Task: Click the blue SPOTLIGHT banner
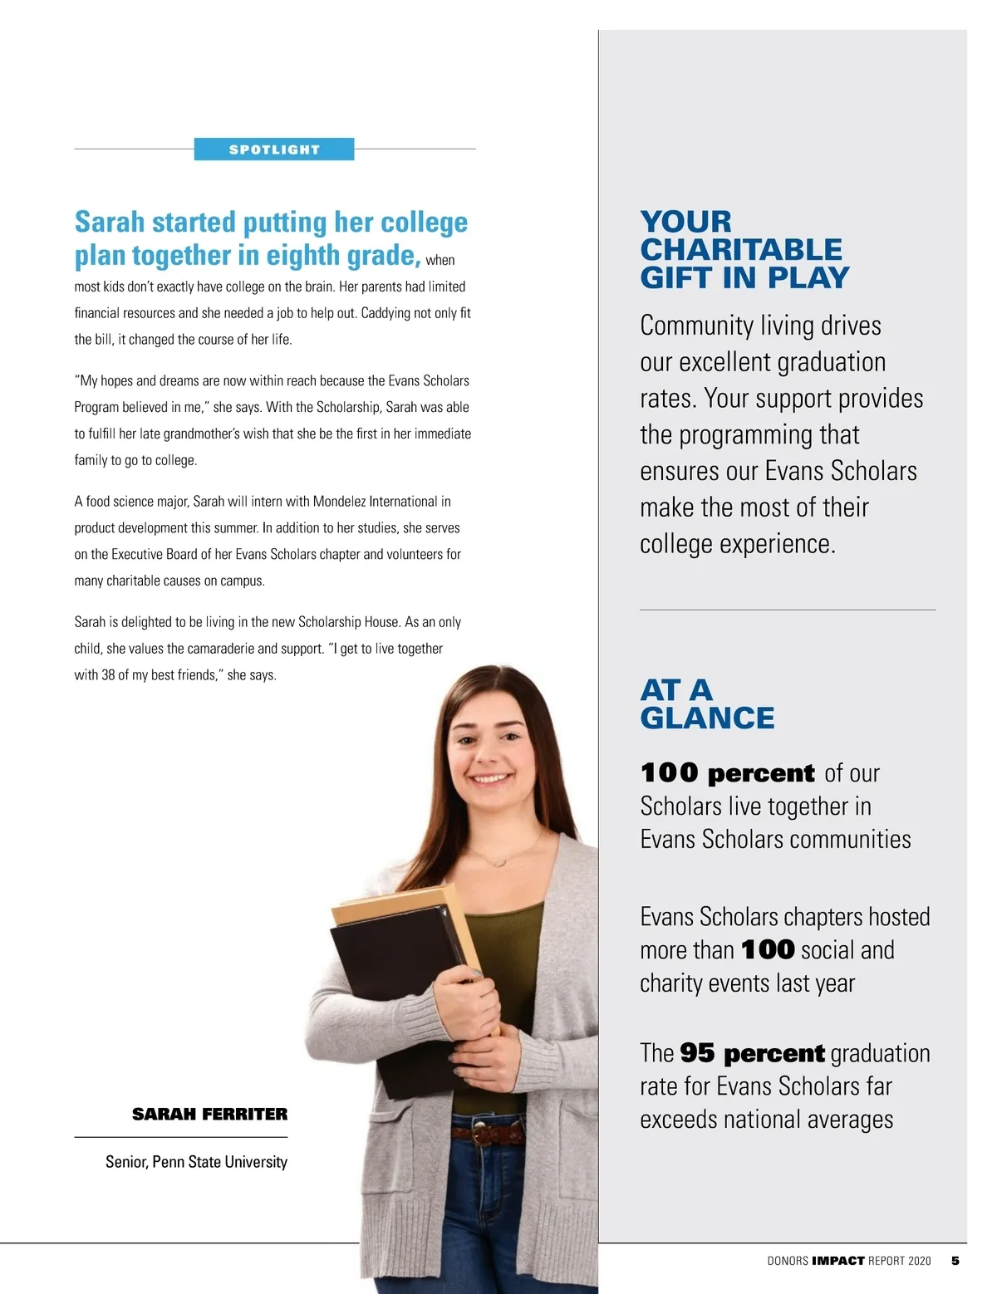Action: tap(274, 149)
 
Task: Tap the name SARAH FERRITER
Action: tap(209, 1114)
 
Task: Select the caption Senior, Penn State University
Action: tap(196, 1162)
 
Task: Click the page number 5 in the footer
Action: tap(955, 1261)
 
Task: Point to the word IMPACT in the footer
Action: tap(837, 1261)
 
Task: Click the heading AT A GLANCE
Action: tap(706, 703)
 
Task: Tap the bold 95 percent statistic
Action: tap(752, 1053)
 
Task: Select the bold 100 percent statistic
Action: tap(728, 773)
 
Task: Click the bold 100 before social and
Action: tap(768, 949)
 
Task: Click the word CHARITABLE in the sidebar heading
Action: tap(741, 249)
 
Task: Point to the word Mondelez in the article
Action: tap(340, 502)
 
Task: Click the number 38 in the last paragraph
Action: tap(108, 675)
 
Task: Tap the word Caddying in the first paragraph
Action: tap(386, 313)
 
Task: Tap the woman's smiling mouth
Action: tap(490, 779)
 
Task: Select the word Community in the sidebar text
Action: tap(685, 326)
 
